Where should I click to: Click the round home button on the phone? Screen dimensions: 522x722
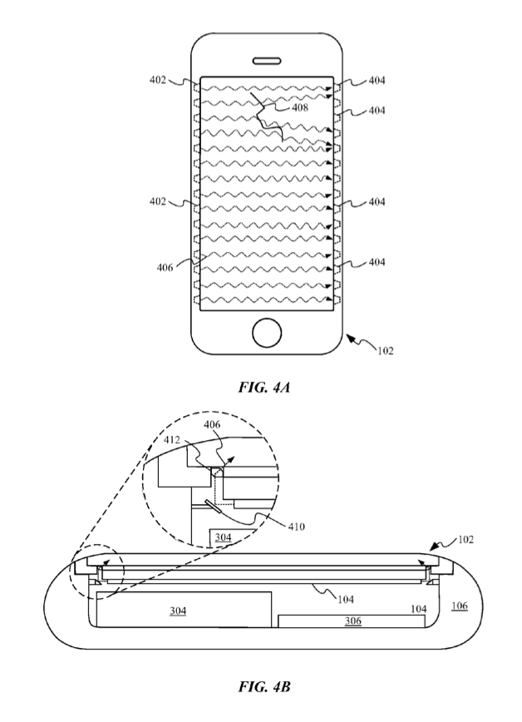coord(267,333)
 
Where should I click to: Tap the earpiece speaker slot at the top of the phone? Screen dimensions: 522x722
coord(267,62)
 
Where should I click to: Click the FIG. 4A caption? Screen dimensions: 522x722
coord(263,388)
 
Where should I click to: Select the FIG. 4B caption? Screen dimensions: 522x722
coord(263,687)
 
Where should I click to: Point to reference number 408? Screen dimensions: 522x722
coord(300,108)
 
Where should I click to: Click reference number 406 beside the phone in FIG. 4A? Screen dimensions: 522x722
coord(165,268)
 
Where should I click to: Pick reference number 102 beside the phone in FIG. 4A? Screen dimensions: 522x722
coord(386,351)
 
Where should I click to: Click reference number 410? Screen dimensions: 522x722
coord(296,527)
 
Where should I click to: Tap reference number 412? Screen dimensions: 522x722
coord(172,440)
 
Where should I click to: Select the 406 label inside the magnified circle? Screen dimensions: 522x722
coord(212,424)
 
